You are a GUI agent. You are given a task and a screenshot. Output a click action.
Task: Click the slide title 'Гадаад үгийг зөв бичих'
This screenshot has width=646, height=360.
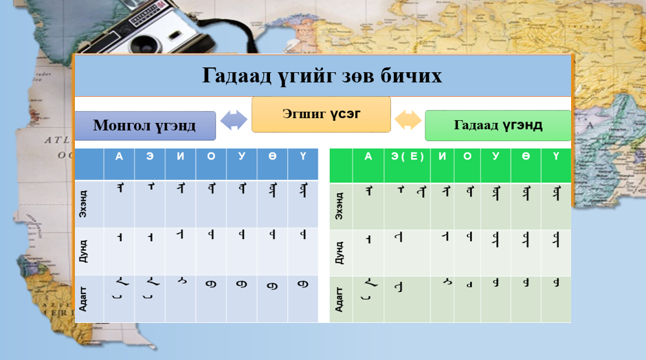coord(322,76)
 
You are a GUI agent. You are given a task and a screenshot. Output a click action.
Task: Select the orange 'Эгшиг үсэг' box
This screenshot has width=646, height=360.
coord(321,114)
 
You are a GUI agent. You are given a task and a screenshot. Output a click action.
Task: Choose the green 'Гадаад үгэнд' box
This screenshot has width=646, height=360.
coord(498,125)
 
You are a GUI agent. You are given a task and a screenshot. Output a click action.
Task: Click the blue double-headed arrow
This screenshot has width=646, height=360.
coord(234,120)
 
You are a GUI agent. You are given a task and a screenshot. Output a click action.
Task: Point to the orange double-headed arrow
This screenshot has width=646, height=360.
coord(408,120)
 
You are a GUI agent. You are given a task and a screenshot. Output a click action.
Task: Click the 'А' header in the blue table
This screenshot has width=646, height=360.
coord(119,157)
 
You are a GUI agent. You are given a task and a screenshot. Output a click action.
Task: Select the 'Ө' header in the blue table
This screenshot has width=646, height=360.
coord(273,157)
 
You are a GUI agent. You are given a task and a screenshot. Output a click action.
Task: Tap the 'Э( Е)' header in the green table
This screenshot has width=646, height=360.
coord(408,157)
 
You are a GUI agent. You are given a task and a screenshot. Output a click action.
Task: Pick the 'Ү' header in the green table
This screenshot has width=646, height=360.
coord(555,157)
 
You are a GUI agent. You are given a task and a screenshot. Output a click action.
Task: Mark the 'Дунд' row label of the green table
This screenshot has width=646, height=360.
coord(340,252)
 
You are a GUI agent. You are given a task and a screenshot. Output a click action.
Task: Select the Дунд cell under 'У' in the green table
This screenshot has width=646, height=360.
coord(495,252)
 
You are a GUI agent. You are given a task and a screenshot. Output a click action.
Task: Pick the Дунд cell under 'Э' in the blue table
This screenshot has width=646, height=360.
coord(150,251)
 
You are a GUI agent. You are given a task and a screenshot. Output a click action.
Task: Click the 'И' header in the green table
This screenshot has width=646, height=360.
coord(442,157)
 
